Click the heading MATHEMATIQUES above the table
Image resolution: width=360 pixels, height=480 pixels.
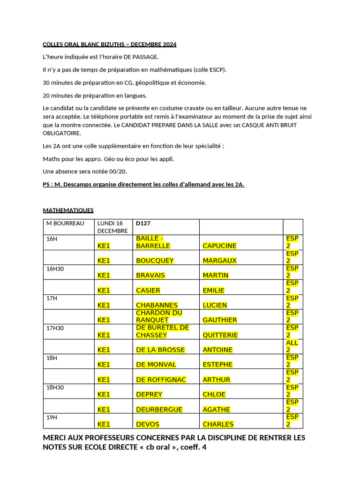(68, 210)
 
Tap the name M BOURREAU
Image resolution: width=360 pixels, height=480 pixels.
(65, 224)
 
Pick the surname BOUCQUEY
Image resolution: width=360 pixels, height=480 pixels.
(155, 261)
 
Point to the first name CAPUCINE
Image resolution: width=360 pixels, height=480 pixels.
(219, 246)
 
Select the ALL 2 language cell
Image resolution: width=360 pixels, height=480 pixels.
(292, 346)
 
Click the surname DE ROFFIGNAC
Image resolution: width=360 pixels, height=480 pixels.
(161, 380)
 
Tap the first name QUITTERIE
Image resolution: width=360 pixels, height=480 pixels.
(220, 335)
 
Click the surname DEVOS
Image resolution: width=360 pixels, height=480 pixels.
(148, 424)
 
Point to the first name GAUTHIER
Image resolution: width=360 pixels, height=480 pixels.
(220, 320)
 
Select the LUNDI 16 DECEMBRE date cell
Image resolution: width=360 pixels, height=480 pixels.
(112, 227)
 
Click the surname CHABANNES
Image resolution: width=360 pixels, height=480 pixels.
(157, 305)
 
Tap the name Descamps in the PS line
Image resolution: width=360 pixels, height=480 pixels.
(78, 184)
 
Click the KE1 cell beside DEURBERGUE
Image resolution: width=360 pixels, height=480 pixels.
(104, 410)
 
